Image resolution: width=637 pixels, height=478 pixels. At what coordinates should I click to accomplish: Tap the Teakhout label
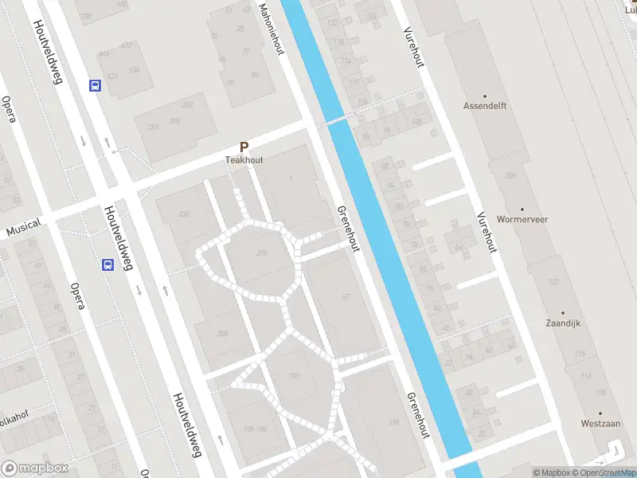click(244, 159)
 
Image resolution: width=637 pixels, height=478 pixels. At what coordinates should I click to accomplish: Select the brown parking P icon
click(244, 147)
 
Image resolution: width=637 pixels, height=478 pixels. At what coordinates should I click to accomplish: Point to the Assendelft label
click(485, 105)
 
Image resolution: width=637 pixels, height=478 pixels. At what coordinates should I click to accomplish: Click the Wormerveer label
click(522, 218)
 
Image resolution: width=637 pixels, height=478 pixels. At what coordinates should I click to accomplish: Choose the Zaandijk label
click(563, 324)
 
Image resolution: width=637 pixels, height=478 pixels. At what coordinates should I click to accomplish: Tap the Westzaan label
click(600, 423)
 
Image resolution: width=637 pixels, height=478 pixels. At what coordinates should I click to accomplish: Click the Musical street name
click(23, 228)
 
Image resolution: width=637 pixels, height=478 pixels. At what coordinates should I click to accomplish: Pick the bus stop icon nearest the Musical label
click(107, 265)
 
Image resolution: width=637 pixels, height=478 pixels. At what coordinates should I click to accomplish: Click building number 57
click(346, 297)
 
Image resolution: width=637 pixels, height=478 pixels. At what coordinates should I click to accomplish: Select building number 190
click(293, 376)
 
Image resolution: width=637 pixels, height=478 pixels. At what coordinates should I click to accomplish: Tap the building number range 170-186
click(255, 429)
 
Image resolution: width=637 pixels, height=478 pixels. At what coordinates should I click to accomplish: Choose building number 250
click(188, 105)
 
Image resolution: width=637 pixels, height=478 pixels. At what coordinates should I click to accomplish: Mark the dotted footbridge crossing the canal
click(337, 121)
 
